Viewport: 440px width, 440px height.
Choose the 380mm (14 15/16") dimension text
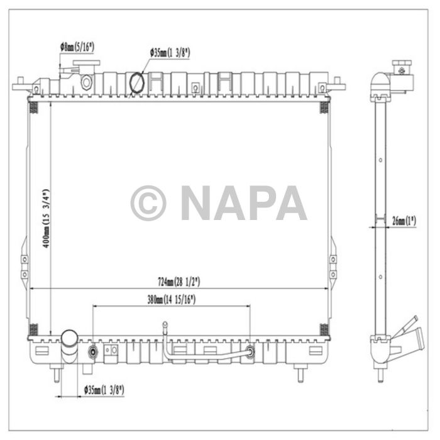point(171,300)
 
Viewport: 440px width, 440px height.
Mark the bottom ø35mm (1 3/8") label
point(104,390)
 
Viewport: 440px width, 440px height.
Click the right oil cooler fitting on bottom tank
point(251,351)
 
